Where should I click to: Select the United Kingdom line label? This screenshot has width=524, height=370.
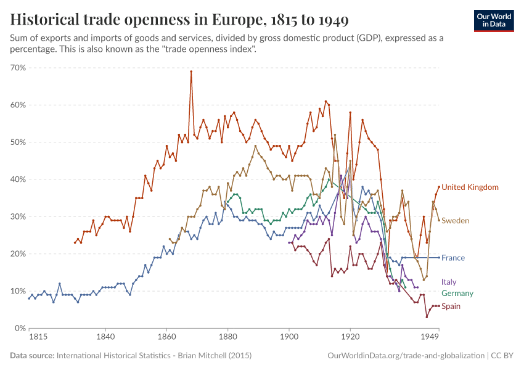pos(470,187)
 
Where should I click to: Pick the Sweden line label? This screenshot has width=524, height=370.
pos(455,220)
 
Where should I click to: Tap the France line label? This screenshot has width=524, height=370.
pos(452,258)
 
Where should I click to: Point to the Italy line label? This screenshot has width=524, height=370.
pos(449,282)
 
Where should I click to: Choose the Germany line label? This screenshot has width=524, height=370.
pos(457,294)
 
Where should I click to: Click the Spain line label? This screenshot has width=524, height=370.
pos(451,306)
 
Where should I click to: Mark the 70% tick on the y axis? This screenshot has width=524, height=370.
pos(17,68)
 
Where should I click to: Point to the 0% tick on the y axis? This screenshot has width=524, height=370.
pos(20,328)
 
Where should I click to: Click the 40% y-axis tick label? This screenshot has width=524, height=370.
pos(17,179)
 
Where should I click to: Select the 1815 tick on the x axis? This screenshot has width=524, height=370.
pos(38,337)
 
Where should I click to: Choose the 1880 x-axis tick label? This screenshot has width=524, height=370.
pos(227,337)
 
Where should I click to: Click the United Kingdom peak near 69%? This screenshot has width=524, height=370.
pos(191,72)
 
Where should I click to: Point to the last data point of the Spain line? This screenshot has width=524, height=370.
pos(438,306)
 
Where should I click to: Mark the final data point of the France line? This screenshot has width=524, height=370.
pos(438,257)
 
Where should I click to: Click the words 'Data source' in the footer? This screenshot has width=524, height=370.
pos(32,356)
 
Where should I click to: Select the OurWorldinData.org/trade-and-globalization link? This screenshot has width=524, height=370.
pos(406,356)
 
